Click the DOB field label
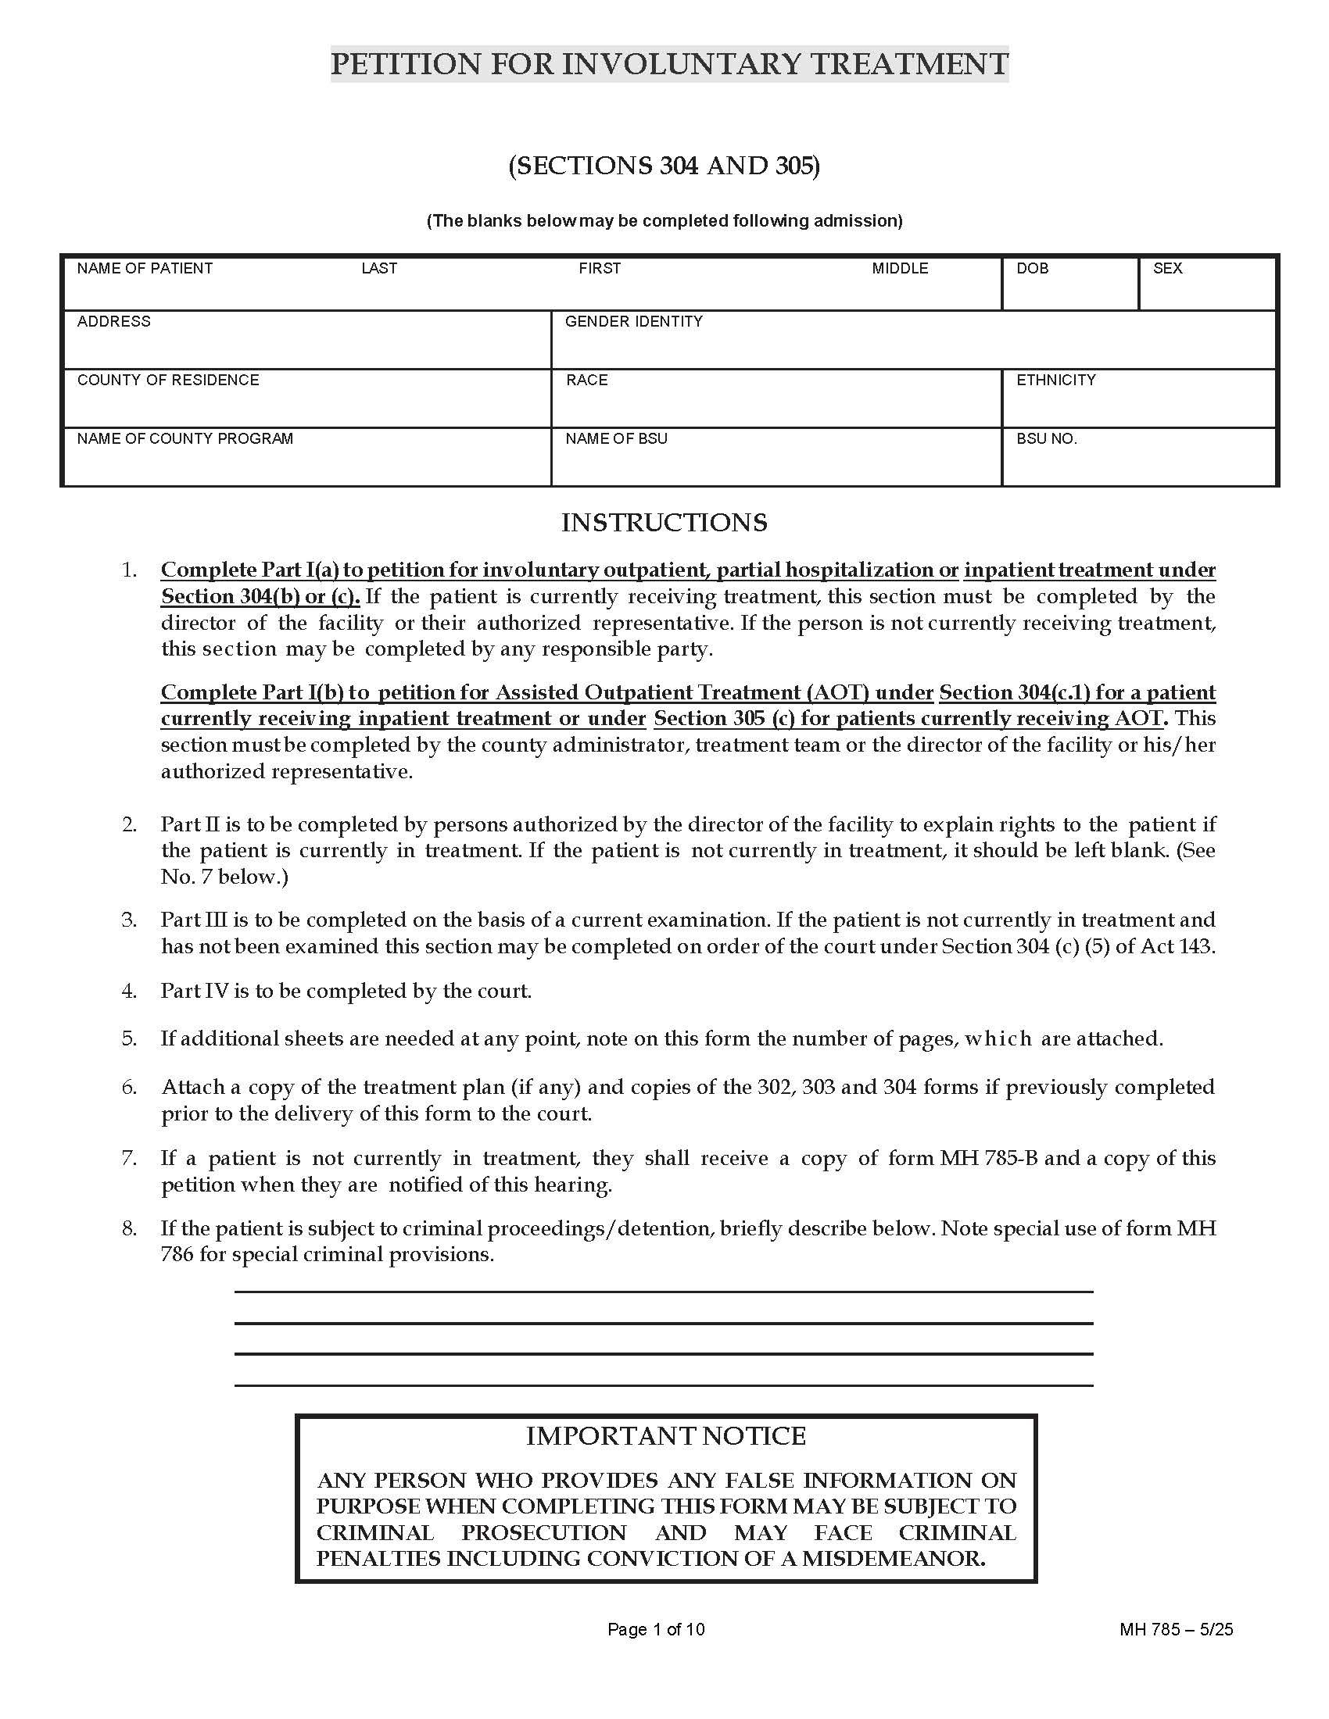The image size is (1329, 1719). click(x=1031, y=268)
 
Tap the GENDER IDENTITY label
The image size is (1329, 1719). click(x=633, y=321)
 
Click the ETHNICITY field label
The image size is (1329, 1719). click(x=1055, y=381)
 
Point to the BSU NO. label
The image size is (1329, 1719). click(x=1046, y=439)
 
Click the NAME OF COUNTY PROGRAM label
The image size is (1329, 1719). click(x=184, y=438)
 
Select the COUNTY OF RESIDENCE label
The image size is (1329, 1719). click(x=168, y=381)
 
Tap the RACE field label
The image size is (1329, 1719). click(x=586, y=381)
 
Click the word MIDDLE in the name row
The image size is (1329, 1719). click(x=899, y=268)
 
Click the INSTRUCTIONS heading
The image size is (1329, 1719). click(x=664, y=523)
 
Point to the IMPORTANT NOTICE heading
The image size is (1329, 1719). click(x=665, y=1435)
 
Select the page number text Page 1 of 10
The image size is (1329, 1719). click(x=655, y=1629)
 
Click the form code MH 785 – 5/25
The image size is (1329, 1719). click(x=1176, y=1629)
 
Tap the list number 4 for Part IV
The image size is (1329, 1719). click(x=128, y=991)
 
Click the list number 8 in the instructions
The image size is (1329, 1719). click(x=128, y=1228)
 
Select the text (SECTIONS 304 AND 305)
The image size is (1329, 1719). click(x=664, y=166)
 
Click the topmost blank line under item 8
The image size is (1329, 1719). click(x=664, y=1291)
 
